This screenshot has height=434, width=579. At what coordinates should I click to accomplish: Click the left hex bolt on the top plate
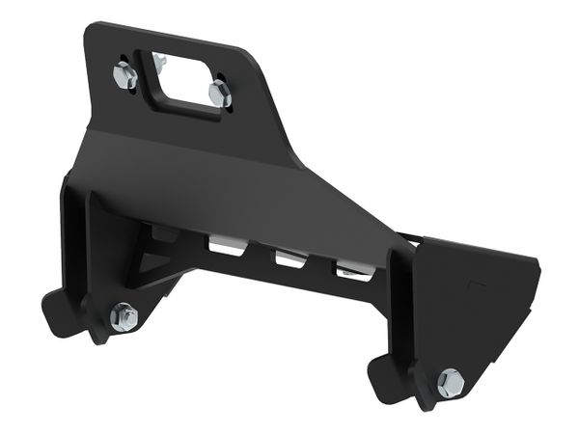[x=124, y=75]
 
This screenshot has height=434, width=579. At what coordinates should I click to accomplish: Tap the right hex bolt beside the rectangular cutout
[x=220, y=95]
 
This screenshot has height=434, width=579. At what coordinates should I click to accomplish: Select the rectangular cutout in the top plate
[x=187, y=82]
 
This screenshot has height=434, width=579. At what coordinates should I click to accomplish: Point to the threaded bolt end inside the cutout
[x=158, y=62]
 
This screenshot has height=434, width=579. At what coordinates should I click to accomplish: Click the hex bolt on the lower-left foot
[x=124, y=316]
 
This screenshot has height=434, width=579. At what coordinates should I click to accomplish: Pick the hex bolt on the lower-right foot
[x=450, y=383]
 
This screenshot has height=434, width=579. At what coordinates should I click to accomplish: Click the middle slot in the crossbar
[x=289, y=258]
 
